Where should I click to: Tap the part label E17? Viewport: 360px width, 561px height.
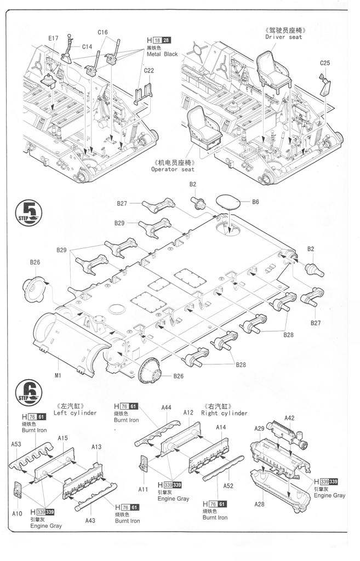(53, 38)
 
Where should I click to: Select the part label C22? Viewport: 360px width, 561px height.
(149, 70)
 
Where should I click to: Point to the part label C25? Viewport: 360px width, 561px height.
(325, 64)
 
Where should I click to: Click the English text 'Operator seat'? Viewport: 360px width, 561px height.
(173, 170)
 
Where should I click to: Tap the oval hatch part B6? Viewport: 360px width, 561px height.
(228, 202)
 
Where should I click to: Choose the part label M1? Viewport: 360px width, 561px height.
(58, 375)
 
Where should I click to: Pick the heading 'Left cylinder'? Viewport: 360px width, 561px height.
(75, 413)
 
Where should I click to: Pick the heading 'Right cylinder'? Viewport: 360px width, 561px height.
(225, 413)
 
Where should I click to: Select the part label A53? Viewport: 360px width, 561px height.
(16, 444)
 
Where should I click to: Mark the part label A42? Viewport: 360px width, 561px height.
(289, 418)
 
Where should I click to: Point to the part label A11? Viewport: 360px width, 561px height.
(143, 489)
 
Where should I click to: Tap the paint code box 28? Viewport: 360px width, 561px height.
(167, 41)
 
